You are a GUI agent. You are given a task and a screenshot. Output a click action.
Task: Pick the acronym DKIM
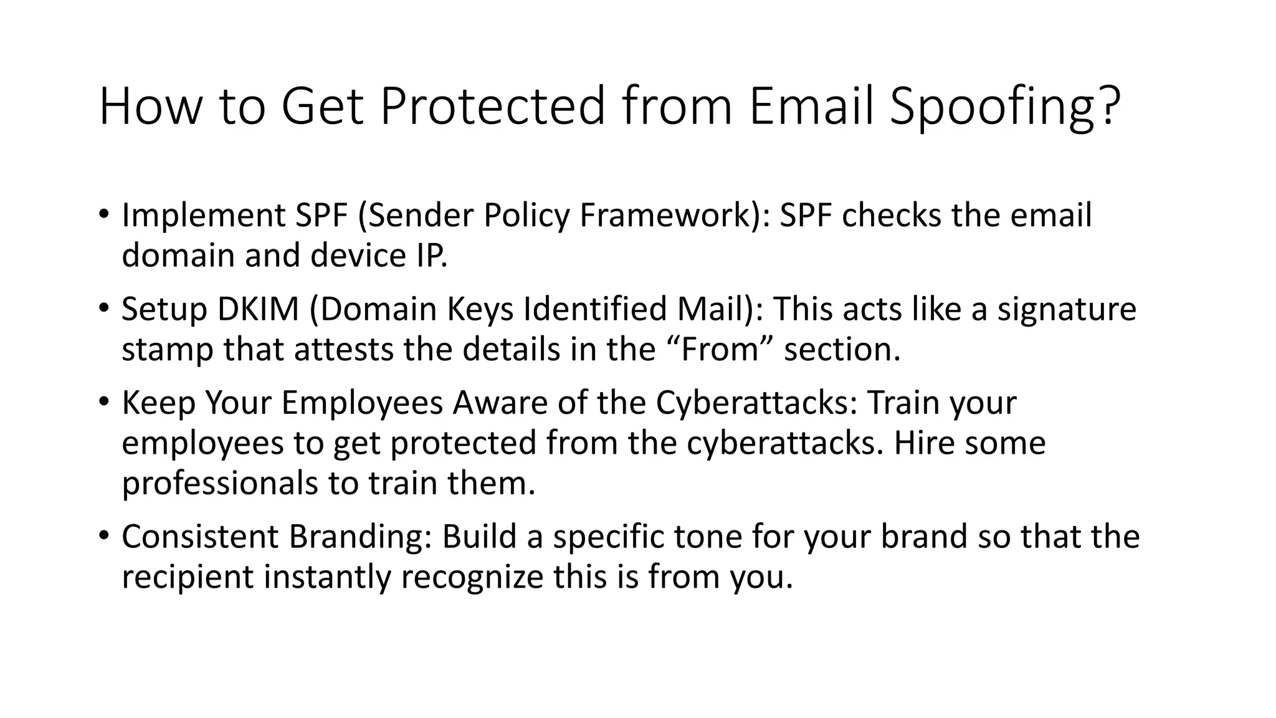click(258, 309)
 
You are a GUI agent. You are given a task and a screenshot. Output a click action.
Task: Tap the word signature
click(1067, 310)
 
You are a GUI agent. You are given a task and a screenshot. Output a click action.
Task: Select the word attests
click(344, 350)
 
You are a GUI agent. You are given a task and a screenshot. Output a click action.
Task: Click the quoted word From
click(720, 350)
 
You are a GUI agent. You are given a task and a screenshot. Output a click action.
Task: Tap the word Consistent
click(199, 537)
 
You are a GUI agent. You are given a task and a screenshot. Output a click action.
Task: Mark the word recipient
click(188, 577)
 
